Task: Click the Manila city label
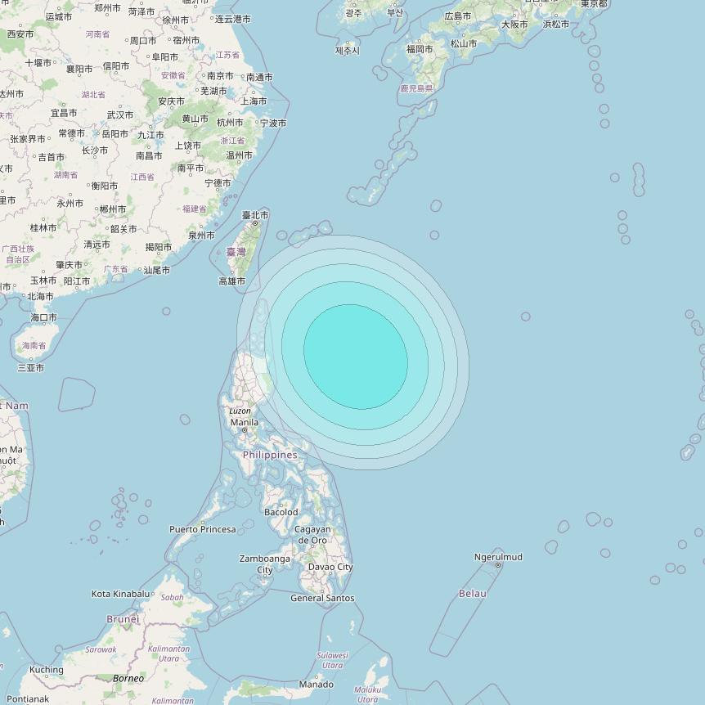point(244,423)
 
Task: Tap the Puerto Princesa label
point(202,529)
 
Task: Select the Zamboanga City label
point(264,564)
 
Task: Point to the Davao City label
point(330,567)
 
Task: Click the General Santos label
point(322,598)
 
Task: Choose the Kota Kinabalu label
point(121,594)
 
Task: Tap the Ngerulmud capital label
point(498,557)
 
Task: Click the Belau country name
point(473,593)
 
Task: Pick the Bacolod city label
point(281,512)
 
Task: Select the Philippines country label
point(270,455)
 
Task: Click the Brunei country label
point(123,619)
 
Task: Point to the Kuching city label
point(46,670)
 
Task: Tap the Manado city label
point(316,685)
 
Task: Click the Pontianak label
point(28,699)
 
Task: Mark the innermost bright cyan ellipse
point(356,357)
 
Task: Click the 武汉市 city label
point(119,115)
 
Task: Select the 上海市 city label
point(254,101)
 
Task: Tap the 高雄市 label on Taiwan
point(231,281)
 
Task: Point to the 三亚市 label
point(31,368)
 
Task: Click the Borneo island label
point(128,678)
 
